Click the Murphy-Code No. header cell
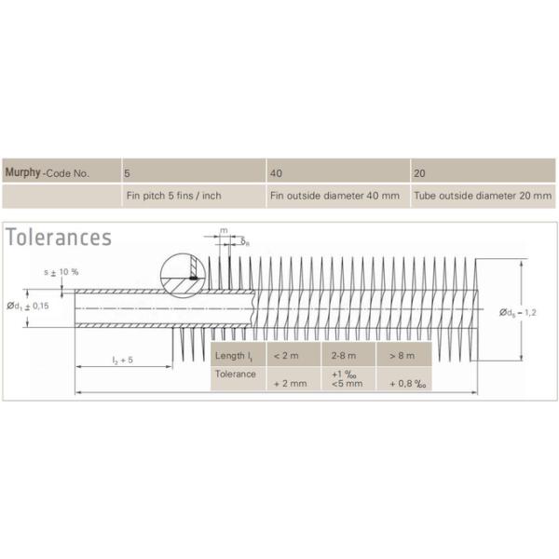(x=61, y=170)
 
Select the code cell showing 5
(x=194, y=170)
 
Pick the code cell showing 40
(x=338, y=170)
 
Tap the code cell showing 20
(x=483, y=170)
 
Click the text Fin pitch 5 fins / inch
(x=174, y=196)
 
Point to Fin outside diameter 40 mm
(x=334, y=196)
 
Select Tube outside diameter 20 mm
(x=483, y=196)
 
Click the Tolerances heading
(x=59, y=237)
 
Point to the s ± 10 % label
(x=61, y=272)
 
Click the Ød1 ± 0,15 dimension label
(x=28, y=307)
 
